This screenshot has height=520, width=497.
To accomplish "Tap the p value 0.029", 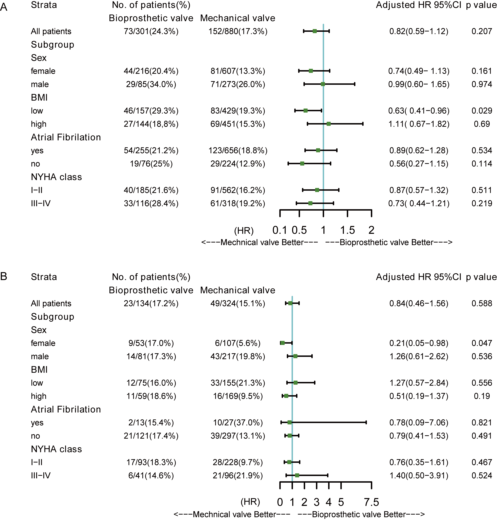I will click(482, 111).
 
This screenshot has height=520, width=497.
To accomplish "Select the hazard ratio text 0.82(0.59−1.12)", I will click(419, 31).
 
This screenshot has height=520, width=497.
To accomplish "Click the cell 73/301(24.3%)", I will click(151, 31).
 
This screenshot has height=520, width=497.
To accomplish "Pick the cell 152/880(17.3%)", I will click(238, 31).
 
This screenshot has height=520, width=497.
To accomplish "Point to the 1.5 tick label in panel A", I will click(347, 230).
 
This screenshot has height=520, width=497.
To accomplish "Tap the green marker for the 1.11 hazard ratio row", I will click(329, 124).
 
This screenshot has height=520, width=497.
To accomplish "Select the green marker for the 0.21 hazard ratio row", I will click(282, 343).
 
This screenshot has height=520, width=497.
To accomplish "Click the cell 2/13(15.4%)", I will click(151, 422).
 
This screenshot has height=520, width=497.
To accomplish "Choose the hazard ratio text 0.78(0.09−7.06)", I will click(419, 422).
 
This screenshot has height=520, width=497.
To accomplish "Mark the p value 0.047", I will click(482, 343).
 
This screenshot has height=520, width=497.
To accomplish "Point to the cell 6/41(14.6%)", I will click(151, 475).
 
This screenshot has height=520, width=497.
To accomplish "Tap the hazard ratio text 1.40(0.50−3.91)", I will click(419, 475).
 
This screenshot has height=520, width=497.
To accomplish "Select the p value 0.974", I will click(482, 84).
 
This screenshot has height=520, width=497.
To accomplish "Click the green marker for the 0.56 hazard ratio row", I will click(302, 164).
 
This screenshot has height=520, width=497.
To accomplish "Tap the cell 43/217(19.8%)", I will click(238, 356).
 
